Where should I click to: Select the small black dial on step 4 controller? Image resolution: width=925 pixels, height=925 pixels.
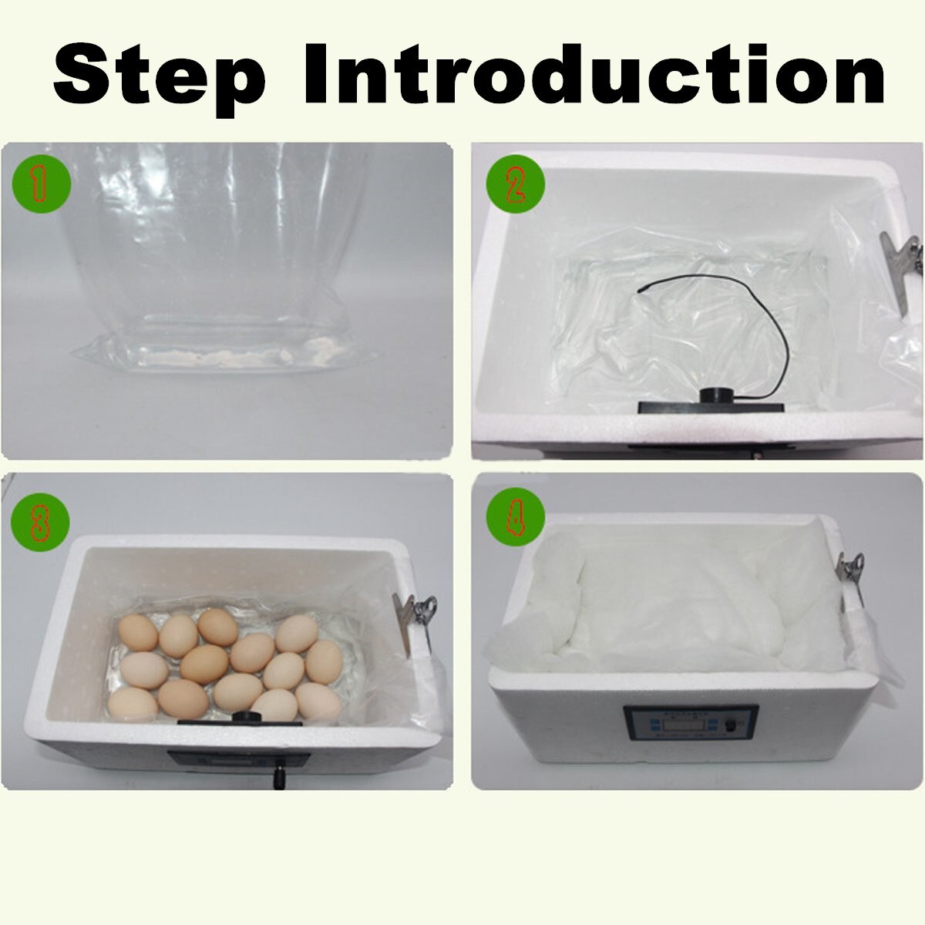coord(729,726)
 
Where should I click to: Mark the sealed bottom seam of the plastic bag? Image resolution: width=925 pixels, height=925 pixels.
coord(224,356)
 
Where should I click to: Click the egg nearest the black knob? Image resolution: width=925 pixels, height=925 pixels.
coord(274,704)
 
